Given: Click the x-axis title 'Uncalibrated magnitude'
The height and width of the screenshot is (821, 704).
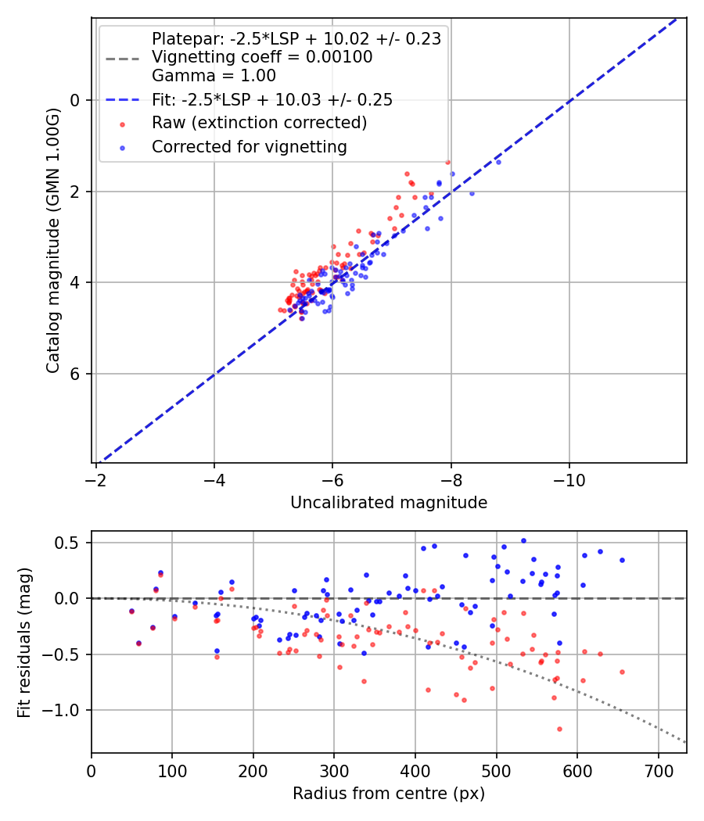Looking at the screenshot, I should click(389, 503).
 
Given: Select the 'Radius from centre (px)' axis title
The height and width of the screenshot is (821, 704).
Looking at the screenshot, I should click(389, 794).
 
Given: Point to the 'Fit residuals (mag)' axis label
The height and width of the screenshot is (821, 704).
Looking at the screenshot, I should click(24, 642).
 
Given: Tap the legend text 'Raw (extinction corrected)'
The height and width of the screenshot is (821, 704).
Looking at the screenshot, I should click(260, 123).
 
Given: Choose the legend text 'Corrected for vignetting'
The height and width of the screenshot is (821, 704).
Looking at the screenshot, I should click(250, 146).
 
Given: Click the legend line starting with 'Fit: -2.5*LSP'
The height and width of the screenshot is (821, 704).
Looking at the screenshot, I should click(272, 99).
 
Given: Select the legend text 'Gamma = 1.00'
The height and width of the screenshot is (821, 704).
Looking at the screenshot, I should click(214, 76).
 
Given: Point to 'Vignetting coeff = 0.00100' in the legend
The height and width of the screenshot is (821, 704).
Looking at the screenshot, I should click(262, 57).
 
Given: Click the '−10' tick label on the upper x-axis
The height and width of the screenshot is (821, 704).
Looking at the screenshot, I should click(569, 479).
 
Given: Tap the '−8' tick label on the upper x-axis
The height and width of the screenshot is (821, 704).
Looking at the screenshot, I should click(451, 479).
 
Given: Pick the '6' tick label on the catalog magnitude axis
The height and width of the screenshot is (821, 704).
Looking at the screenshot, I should click(76, 374).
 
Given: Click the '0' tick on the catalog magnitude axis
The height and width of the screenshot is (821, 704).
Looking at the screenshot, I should click(76, 100).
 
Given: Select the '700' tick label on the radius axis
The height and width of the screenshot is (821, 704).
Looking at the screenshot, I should click(658, 769).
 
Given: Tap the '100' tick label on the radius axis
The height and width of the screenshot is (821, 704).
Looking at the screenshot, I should click(172, 769).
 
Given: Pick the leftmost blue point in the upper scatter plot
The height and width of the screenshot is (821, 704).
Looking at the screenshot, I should click(290, 310).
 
